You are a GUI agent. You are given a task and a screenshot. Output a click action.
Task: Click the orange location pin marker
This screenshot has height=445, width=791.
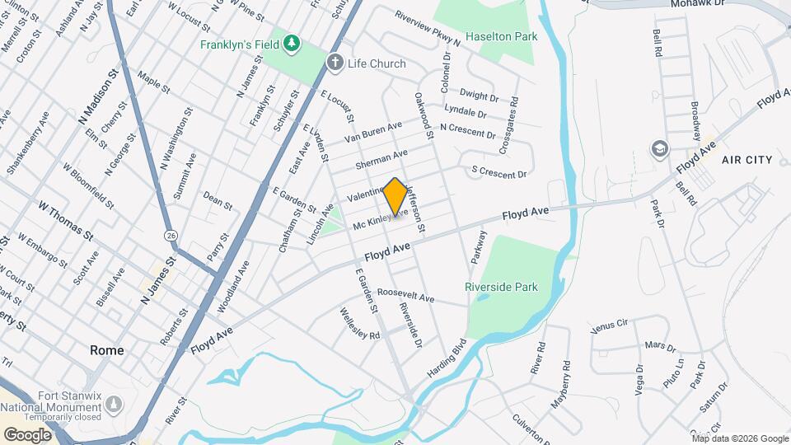[x=395, y=196]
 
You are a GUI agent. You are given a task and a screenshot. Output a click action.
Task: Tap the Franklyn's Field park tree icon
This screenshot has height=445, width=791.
[x=292, y=42]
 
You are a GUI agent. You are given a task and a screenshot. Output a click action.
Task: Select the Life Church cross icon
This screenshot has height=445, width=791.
[x=335, y=63]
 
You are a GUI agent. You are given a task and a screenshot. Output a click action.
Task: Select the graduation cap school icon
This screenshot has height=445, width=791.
[x=659, y=148]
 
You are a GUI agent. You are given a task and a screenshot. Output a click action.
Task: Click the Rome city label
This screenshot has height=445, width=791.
[x=107, y=350]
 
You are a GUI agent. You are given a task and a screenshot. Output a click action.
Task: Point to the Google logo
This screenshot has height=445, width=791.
[x=28, y=434]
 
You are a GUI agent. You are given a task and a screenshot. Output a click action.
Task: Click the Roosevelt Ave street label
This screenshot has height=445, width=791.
[x=405, y=296]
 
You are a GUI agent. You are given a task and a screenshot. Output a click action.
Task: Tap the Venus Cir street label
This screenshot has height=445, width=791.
[x=611, y=325]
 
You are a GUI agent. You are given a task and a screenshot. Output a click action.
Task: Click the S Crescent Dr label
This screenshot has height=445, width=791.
[x=498, y=174]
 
